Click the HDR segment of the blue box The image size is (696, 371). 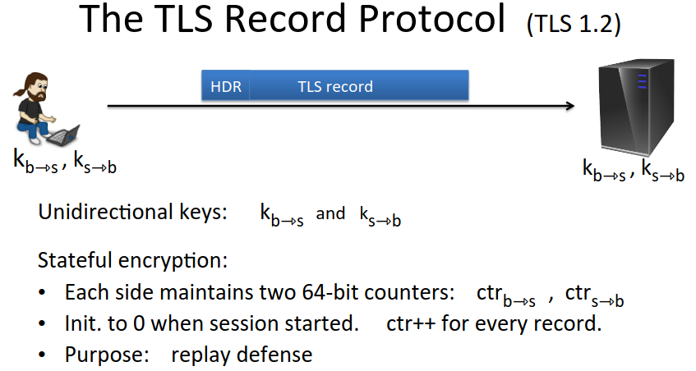click(x=225, y=85)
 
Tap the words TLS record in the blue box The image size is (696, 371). click(x=335, y=86)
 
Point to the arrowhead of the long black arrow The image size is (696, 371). click(x=571, y=106)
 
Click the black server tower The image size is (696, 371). click(x=636, y=108)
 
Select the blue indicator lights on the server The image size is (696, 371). click(x=642, y=81)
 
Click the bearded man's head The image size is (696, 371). click(x=35, y=87)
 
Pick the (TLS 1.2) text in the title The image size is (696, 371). click(x=573, y=24)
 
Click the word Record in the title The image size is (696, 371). click(x=285, y=19)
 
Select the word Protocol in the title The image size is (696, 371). click(x=432, y=19)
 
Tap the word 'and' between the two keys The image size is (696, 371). click(x=330, y=213)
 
